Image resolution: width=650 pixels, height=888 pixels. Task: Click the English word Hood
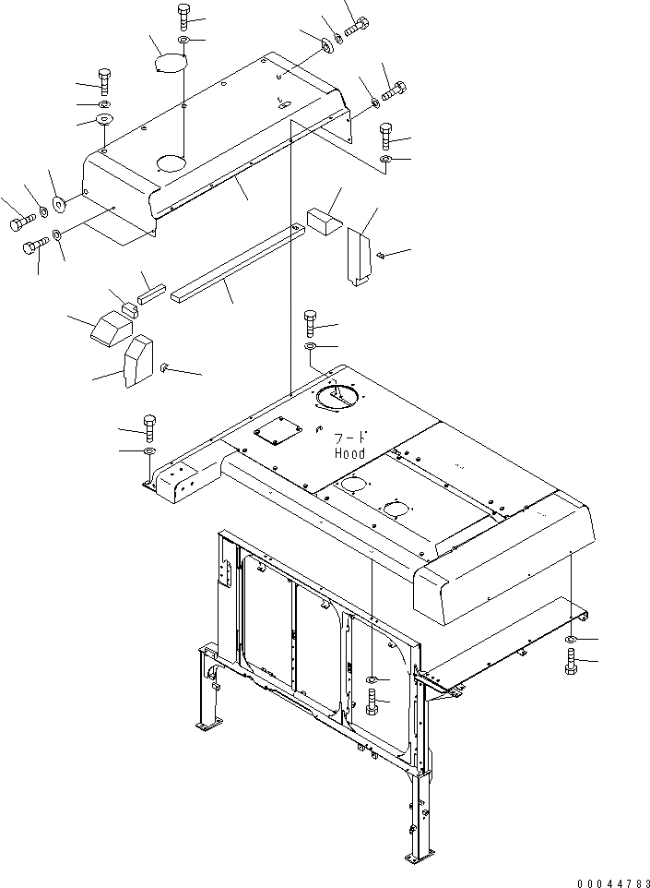click(x=349, y=453)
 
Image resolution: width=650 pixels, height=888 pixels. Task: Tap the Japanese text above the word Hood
click(x=349, y=438)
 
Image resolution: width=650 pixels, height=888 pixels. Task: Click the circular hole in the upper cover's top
click(x=171, y=163)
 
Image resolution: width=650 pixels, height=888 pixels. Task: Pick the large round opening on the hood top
click(x=338, y=398)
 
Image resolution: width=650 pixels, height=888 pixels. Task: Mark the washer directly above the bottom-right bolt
click(x=572, y=639)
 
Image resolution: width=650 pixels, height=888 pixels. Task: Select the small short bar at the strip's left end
click(x=150, y=293)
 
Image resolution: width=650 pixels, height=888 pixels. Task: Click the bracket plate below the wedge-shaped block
click(x=137, y=361)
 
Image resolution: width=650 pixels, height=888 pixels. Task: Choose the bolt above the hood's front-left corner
click(x=148, y=427)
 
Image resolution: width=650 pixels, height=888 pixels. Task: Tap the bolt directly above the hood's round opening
click(x=310, y=323)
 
